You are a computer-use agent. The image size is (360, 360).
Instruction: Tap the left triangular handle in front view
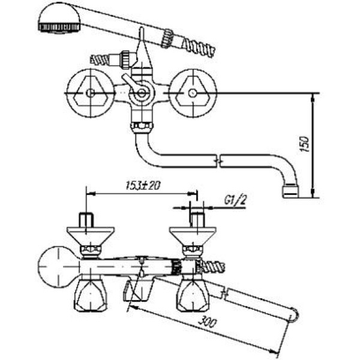[x=90, y=92]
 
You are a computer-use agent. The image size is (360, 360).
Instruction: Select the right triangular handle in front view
[x=192, y=92]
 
